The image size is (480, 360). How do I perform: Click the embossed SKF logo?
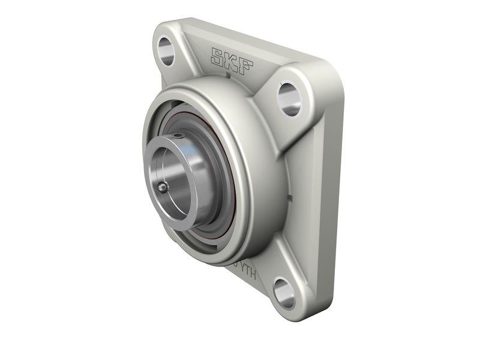(232, 60)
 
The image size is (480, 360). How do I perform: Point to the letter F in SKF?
(246, 64)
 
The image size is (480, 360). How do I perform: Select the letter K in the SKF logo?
(232, 60)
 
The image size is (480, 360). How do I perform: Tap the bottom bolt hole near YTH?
(284, 292)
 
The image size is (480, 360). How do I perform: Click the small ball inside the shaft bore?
(163, 188)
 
